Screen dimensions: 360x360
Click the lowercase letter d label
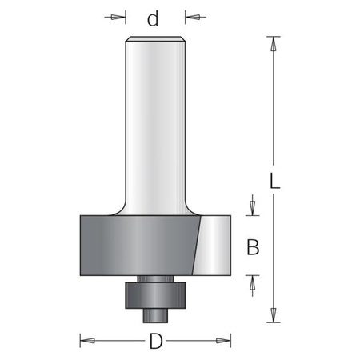(x=153, y=18)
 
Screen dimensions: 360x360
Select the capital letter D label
(x=156, y=341)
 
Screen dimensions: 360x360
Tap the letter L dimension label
(x=275, y=181)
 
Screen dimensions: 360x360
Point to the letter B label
(x=253, y=247)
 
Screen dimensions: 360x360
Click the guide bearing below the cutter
(x=155, y=295)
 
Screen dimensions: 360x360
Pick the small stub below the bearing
(x=155, y=316)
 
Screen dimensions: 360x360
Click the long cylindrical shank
(x=156, y=126)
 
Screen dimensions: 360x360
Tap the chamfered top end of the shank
(x=156, y=39)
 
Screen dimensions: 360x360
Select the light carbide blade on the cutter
(x=212, y=246)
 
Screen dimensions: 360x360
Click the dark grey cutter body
(x=138, y=246)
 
